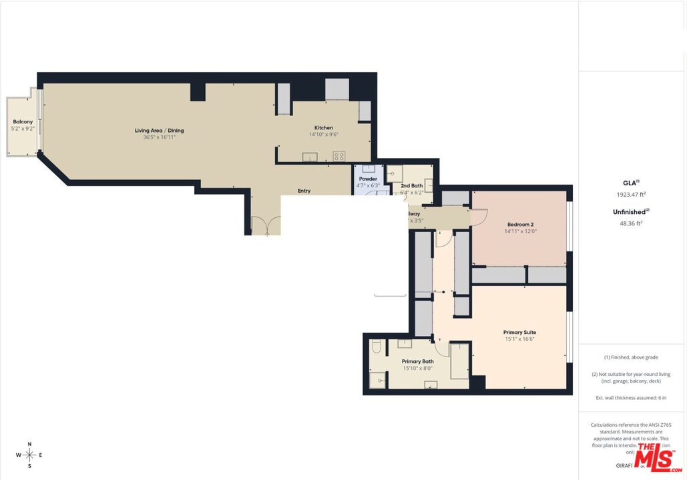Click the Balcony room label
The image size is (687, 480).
point(23,122)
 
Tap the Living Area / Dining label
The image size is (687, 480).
point(159,131)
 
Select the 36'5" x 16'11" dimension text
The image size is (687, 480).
point(159,138)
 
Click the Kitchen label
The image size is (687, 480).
point(324,128)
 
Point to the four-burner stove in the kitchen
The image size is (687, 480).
point(339,157)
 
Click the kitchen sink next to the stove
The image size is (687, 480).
point(310,157)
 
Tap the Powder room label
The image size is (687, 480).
point(368,179)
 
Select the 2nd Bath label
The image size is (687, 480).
point(411,185)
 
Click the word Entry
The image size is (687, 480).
point(304,191)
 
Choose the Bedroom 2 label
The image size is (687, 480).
point(520,225)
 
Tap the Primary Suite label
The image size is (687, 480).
point(519,332)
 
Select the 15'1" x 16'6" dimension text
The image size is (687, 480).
point(519,339)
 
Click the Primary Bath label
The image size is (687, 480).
point(418,361)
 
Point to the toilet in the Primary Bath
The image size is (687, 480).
point(376,347)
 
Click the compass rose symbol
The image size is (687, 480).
point(30,455)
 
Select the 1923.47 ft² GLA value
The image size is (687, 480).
point(631,195)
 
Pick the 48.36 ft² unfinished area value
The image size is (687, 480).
point(631,224)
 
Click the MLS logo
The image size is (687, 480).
point(658,457)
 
